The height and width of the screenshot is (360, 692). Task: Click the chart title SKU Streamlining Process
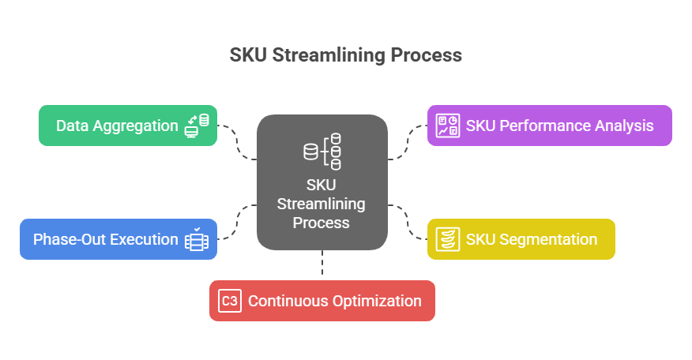pyautogui.click(x=345, y=56)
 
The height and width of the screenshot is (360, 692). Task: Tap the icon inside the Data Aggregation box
pyautogui.click(x=197, y=126)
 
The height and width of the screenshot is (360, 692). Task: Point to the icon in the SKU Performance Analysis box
pyautogui.click(x=448, y=126)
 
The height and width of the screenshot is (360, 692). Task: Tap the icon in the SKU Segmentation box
pyautogui.click(x=448, y=239)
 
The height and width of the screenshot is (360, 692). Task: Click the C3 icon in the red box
pyautogui.click(x=229, y=301)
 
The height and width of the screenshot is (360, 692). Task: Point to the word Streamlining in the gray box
pyautogui.click(x=322, y=204)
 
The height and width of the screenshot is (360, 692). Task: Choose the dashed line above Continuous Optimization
pyautogui.click(x=322, y=264)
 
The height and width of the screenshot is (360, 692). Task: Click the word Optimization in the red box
pyautogui.click(x=374, y=301)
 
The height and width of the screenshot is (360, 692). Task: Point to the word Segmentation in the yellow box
pyautogui.click(x=548, y=239)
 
